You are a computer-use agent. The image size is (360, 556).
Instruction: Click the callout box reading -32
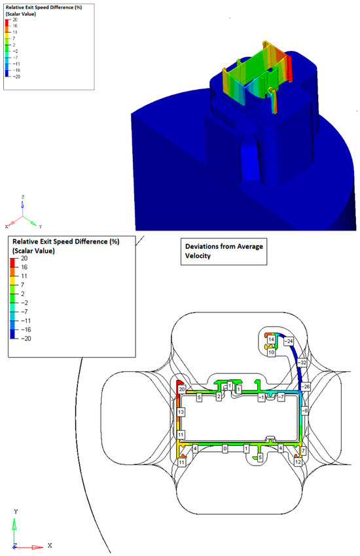tap(302, 362)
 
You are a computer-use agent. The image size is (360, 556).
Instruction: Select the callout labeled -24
tap(289, 341)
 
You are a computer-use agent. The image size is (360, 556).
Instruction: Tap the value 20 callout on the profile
tap(182, 389)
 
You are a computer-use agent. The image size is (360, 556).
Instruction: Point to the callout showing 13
tap(181, 412)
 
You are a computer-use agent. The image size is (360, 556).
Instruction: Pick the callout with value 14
tap(271, 339)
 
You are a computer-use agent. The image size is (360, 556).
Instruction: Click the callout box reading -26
tap(306, 386)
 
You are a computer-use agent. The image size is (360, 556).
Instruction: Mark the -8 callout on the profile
tap(305, 411)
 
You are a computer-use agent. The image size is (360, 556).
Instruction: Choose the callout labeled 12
tap(298, 462)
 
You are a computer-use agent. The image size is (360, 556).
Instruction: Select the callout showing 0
tap(225, 449)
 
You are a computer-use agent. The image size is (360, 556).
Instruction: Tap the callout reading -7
tap(281, 397)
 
